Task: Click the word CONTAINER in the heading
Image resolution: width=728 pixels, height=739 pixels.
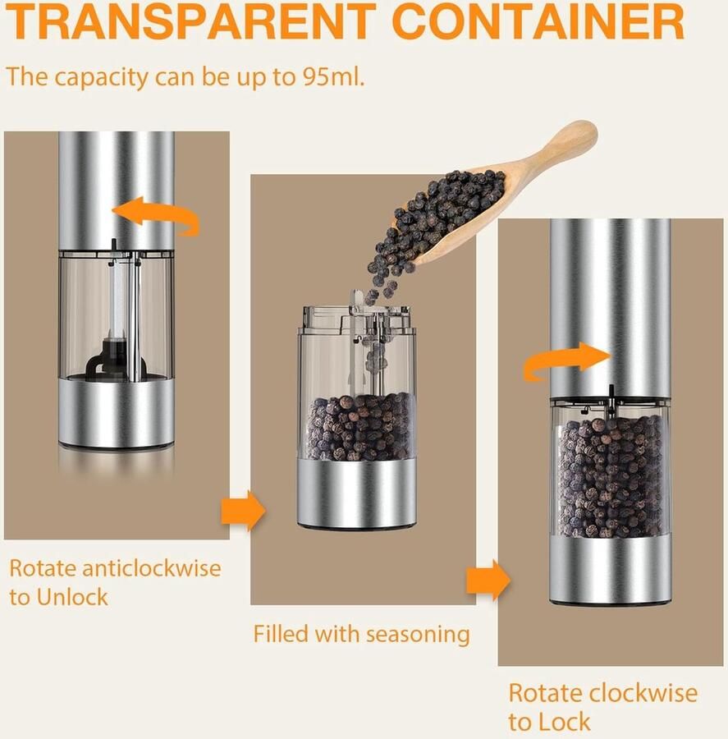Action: click(538, 21)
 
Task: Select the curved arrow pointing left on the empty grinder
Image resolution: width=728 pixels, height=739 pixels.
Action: click(157, 216)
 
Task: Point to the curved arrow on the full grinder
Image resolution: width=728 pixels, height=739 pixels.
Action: click(565, 360)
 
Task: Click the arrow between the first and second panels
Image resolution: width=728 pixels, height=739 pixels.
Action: click(244, 511)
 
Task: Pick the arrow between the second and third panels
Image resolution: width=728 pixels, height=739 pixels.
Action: click(488, 580)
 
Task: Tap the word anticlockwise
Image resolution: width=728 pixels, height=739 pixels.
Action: click(151, 567)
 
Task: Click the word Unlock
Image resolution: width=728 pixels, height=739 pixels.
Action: click(72, 597)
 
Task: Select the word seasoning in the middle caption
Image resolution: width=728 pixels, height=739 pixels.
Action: click(418, 635)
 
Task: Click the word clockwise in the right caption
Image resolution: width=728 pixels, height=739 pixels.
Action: click(643, 693)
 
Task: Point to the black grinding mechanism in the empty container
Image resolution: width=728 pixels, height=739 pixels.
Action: click(109, 363)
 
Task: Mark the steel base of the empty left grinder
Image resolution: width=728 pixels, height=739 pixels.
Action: click(116, 414)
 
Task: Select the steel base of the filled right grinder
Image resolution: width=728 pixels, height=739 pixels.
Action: click(610, 571)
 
